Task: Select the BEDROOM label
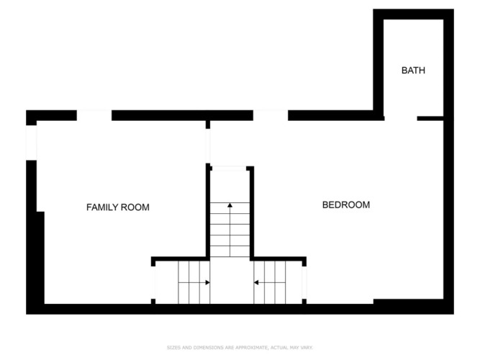coord(346,204)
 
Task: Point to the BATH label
coord(413,71)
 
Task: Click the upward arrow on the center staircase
coord(230,230)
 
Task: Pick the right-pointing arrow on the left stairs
coord(194,282)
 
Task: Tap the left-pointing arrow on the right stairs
coord(270,282)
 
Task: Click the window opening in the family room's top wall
coord(94,115)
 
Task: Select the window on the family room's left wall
coord(31,143)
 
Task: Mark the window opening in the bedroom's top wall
coord(271,115)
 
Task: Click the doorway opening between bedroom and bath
coord(401,118)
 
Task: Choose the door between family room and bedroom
coord(208,146)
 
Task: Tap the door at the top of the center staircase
coord(230,168)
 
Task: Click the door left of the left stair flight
coord(153,282)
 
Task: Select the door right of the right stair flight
coord(304,282)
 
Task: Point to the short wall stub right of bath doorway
coord(430,118)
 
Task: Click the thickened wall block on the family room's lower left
coord(40,258)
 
